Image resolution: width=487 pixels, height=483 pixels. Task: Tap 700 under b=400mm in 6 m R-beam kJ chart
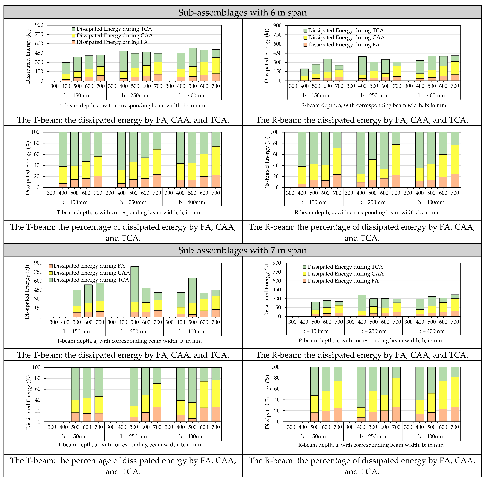coord(455,86)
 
